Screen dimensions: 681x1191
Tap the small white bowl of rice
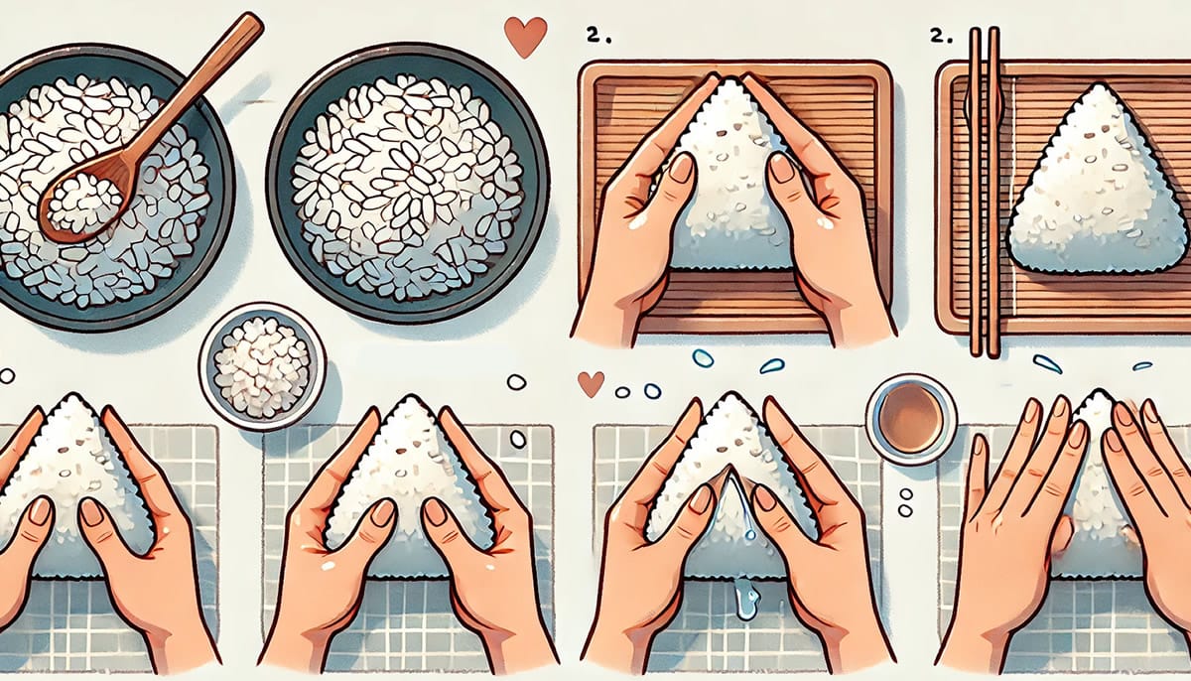262,366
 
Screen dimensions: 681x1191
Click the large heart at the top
525,36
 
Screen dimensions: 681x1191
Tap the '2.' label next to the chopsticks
937,36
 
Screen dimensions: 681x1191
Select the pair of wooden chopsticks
983,189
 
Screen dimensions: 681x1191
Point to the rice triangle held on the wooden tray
729,179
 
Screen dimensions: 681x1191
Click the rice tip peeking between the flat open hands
1096,417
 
